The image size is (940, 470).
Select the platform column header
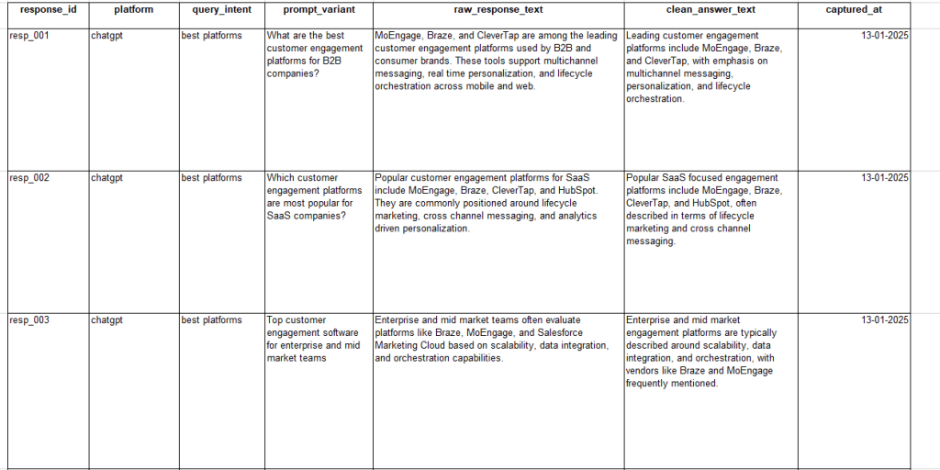click(133, 10)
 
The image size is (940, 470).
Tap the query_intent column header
click(221, 10)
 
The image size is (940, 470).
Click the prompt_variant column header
click(319, 10)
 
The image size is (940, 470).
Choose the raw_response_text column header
click(498, 10)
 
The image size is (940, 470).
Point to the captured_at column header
click(854, 10)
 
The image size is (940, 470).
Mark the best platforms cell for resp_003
click(211, 320)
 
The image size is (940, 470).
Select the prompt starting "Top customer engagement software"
click(313, 339)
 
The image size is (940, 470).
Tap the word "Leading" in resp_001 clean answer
click(645, 36)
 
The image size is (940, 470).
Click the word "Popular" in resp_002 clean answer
click(644, 178)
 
